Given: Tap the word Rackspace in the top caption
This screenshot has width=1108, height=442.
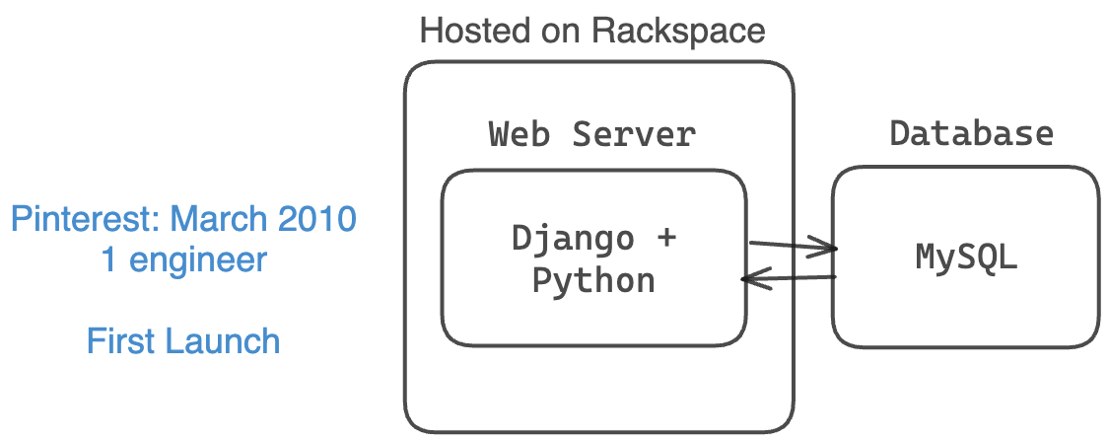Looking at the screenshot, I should [678, 31].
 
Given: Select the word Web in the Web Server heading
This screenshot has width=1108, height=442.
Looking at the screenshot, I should [519, 133].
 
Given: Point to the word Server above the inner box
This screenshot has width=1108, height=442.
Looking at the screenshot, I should [633, 133].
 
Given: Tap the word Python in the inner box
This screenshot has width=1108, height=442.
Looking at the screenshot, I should [593, 280].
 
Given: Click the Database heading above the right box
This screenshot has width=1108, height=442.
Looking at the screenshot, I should [971, 133].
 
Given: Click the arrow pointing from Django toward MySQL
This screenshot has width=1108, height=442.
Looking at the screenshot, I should [789, 247].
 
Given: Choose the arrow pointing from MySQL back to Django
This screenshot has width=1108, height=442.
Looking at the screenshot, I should [789, 280].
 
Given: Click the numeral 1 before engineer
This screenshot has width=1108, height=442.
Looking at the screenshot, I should [109, 260].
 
